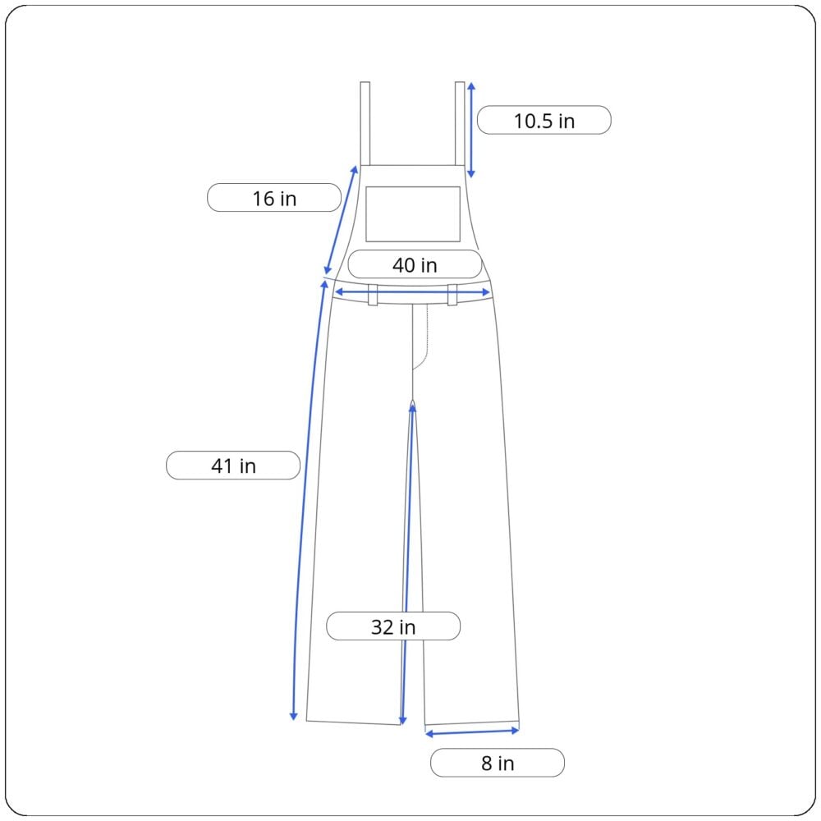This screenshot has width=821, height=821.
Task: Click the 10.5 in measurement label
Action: [544, 121]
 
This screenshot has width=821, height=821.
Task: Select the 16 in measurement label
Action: [274, 198]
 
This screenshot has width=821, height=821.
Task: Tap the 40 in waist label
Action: [415, 264]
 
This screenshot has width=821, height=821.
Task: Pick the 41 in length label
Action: [233, 466]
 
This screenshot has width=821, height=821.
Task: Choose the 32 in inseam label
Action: [393, 626]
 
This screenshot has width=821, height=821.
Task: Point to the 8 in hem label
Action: [498, 763]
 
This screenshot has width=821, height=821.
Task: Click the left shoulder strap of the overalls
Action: [365, 124]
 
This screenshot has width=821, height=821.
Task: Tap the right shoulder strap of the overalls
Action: [460, 124]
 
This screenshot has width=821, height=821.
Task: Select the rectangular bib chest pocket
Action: [413, 214]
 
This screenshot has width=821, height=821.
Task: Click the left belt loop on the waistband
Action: [372, 295]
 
